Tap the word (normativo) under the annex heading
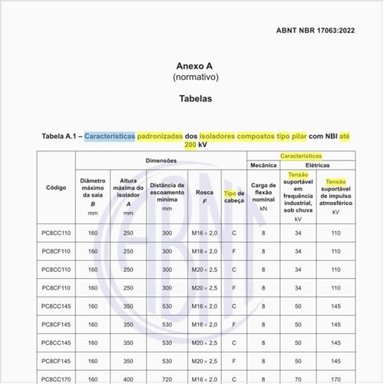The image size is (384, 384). click(x=191, y=78)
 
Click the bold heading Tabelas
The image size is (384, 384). click(x=191, y=99)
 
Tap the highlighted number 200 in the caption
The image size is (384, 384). click(x=190, y=144)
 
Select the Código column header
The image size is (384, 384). click(x=56, y=187)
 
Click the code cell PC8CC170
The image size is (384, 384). click(x=56, y=379)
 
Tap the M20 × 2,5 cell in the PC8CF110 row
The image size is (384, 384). click(x=204, y=288)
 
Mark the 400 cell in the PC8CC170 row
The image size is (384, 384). click(x=128, y=379)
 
